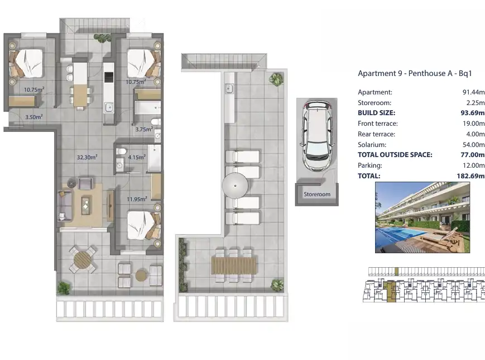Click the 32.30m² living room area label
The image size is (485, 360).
click(x=87, y=157)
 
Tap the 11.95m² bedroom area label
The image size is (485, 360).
click(x=137, y=199)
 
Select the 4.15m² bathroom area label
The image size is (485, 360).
click(x=137, y=157)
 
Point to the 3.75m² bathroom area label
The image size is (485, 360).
click(x=144, y=129)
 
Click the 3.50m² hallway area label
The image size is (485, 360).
click(x=33, y=117)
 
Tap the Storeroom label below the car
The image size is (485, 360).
click(x=317, y=194)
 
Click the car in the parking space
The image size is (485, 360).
click(x=317, y=135)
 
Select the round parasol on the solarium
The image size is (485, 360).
click(x=235, y=186)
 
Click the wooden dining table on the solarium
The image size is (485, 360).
click(x=234, y=265)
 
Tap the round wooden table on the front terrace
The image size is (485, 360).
click(x=82, y=259)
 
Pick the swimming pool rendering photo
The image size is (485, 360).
click(x=422, y=217)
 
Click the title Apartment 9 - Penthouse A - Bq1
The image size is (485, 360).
click(x=415, y=73)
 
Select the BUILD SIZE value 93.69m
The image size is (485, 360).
click(x=472, y=113)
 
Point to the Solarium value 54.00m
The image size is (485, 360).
click(x=473, y=145)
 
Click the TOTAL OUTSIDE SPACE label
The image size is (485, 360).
click(x=395, y=155)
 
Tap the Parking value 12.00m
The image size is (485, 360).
click(x=473, y=165)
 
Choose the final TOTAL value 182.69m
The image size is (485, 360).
click(x=470, y=176)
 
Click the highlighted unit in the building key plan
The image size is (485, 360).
click(x=391, y=291)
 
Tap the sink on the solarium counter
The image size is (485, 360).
click(x=229, y=89)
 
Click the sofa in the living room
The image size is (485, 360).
click(x=65, y=205)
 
